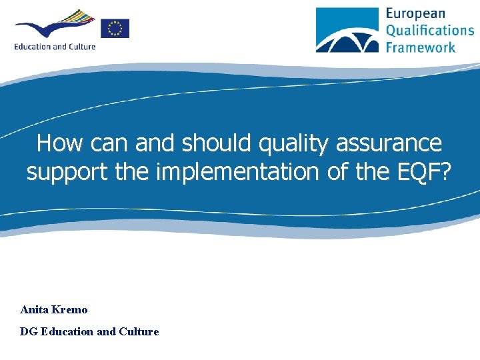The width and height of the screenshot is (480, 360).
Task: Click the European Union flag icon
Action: [x=115, y=28]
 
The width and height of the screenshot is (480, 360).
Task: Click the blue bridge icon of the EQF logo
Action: [x=347, y=30]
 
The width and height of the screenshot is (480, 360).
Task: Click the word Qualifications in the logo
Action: [x=430, y=30]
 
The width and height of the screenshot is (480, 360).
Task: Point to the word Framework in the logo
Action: [x=421, y=46]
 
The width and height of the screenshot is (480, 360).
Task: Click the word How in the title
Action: [x=60, y=143]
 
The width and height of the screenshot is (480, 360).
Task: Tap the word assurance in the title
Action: [x=393, y=143]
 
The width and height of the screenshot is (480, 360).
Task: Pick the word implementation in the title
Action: [x=239, y=172]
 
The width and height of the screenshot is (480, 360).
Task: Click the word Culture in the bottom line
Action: [x=138, y=331]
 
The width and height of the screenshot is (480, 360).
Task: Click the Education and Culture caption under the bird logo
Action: [x=55, y=47]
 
